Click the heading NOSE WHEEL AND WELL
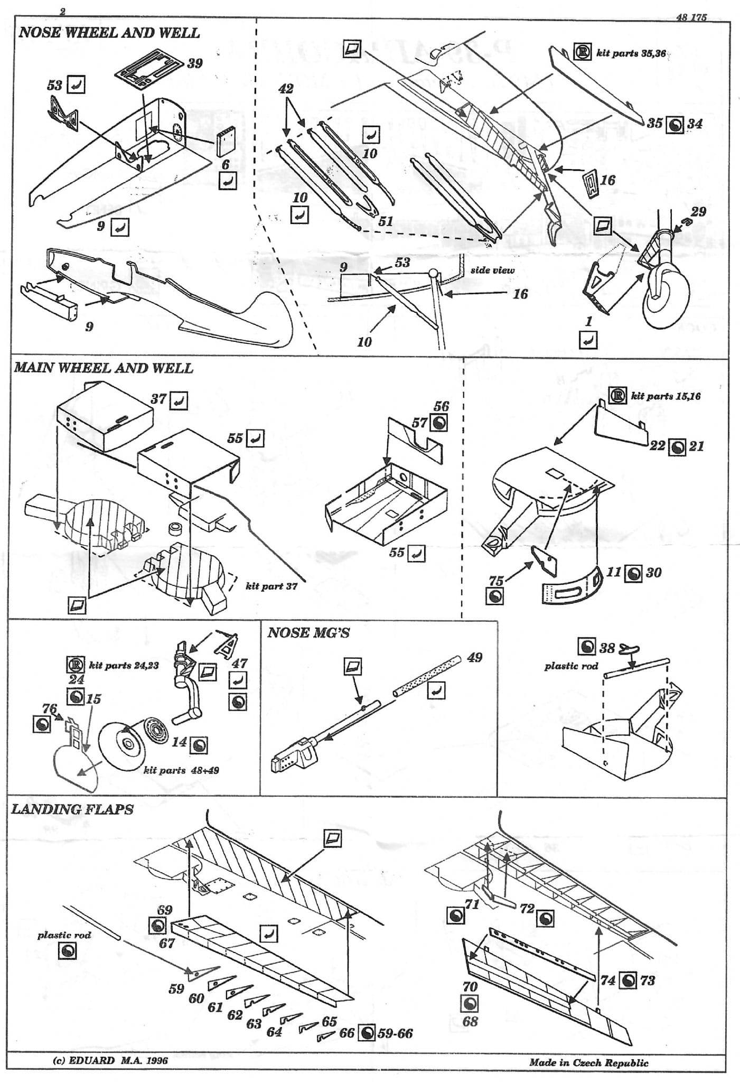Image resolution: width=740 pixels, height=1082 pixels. click(109, 33)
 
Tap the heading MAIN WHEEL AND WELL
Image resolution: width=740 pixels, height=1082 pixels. click(104, 368)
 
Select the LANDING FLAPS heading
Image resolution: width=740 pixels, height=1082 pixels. click(72, 809)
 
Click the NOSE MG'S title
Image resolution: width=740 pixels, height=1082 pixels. click(308, 632)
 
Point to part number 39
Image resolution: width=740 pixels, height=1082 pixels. click(194, 63)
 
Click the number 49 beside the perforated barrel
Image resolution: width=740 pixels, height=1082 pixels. click(474, 657)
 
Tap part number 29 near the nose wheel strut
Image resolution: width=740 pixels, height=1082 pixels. click(698, 211)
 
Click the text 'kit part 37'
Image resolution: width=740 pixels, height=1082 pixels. click(271, 586)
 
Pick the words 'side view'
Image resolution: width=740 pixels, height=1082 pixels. click(492, 270)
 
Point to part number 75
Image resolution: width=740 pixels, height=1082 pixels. click(496, 581)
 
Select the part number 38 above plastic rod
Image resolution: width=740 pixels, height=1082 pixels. click(607, 647)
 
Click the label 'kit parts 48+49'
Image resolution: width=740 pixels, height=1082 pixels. click(181, 770)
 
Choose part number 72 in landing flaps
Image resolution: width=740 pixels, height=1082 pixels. click(527, 908)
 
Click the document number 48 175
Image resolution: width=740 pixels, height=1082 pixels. click(691, 17)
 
